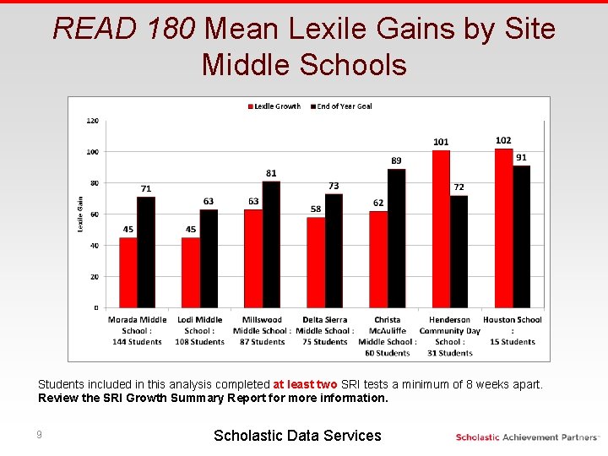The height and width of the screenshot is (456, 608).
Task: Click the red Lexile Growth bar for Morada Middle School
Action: (128, 272)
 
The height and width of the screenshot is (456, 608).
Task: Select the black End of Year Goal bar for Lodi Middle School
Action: (209, 258)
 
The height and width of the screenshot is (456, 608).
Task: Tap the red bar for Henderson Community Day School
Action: (440, 229)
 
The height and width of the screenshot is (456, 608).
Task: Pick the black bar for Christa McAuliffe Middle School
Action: (396, 238)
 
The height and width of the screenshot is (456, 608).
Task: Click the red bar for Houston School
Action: (503, 228)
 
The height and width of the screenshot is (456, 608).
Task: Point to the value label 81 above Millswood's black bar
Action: (271, 173)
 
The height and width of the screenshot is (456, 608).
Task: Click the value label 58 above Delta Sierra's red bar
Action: (316, 209)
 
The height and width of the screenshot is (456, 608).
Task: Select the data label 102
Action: (503, 140)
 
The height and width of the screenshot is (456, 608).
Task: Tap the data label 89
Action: (396, 160)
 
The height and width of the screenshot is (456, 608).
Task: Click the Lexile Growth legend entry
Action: (274, 106)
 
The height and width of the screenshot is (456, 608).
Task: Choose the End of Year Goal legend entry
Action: (341, 106)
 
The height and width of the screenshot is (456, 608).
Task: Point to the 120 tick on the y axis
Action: (92, 121)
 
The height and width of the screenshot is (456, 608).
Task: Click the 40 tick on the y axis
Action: (93, 246)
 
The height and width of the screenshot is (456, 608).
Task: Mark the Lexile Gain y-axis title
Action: (80, 214)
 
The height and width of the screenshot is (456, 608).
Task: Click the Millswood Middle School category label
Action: (262, 331)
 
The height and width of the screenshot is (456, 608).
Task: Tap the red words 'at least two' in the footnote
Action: (305, 384)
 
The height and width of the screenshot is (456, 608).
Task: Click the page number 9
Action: (39, 435)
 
